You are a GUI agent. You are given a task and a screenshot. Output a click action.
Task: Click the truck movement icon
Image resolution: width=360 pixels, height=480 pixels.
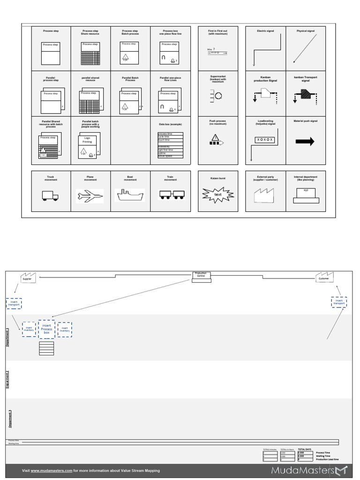pyautogui.click(x=50, y=196)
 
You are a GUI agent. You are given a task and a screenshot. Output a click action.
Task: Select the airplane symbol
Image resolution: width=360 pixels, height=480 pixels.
pyautogui.click(x=90, y=196)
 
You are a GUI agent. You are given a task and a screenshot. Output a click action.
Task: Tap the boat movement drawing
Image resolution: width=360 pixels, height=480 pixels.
pyautogui.click(x=130, y=195)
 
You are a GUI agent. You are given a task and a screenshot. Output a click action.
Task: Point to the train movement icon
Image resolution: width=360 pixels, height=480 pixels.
pyautogui.click(x=171, y=195)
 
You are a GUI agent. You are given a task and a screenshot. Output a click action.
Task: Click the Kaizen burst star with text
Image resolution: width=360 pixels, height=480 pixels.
pyautogui.click(x=217, y=194)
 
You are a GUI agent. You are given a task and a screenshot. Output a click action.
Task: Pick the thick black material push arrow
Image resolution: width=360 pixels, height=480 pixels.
pyautogui.click(x=305, y=142)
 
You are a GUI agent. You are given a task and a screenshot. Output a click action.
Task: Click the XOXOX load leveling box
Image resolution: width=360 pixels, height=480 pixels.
pyautogui.click(x=265, y=140)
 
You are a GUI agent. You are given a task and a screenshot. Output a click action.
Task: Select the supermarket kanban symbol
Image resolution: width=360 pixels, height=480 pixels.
pyautogui.click(x=216, y=96)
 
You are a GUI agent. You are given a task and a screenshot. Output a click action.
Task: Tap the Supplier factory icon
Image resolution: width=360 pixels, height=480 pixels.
pyautogui.click(x=28, y=277)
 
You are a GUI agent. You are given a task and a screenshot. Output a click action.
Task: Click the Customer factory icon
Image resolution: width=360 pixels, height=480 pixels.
pyautogui.click(x=323, y=277)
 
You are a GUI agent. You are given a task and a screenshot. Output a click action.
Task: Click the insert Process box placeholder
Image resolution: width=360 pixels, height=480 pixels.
pyautogui.click(x=47, y=329)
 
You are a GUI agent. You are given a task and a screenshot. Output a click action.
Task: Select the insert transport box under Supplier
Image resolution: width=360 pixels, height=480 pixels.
pyautogui.click(x=14, y=303)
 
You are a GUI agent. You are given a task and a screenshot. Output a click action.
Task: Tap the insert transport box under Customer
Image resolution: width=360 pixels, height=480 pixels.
pyautogui.click(x=338, y=302)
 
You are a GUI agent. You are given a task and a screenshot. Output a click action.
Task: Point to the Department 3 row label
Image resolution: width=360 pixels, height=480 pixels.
pyautogui.click(x=10, y=419)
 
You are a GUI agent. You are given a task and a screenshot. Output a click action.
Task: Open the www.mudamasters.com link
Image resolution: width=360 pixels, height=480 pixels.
pyautogui.click(x=52, y=471)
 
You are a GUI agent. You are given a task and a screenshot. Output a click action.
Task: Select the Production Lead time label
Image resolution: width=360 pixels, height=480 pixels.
pyautogui.click(x=327, y=459)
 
